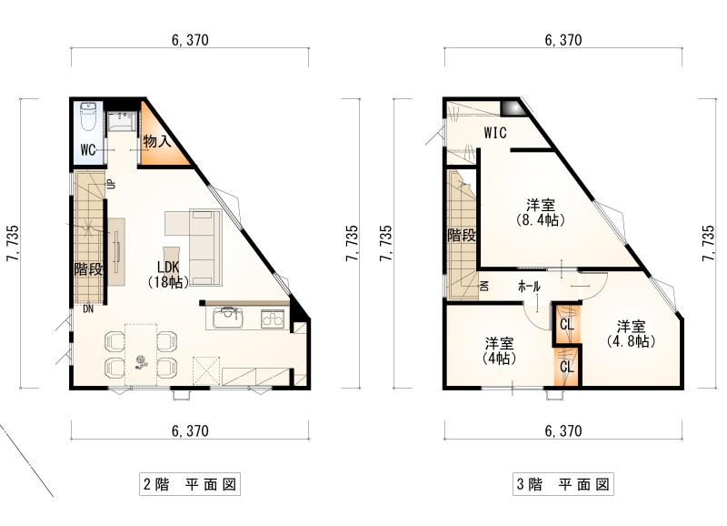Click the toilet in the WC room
click(x=88, y=116)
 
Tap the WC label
click(x=88, y=150)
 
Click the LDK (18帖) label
click(x=168, y=274)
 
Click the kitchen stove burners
click(x=272, y=319)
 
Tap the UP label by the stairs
click(x=111, y=185)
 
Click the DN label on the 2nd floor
click(x=88, y=309)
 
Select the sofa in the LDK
click(x=206, y=247)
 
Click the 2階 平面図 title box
click(x=190, y=484)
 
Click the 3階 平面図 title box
click(x=563, y=484)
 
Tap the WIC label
click(x=495, y=133)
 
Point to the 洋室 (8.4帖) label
click(x=541, y=212)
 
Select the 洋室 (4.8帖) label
click(x=631, y=334)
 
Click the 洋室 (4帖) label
click(x=499, y=351)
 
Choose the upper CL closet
click(x=566, y=324)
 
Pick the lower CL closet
click(x=566, y=367)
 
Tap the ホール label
click(x=529, y=287)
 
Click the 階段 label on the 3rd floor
click(x=462, y=236)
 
